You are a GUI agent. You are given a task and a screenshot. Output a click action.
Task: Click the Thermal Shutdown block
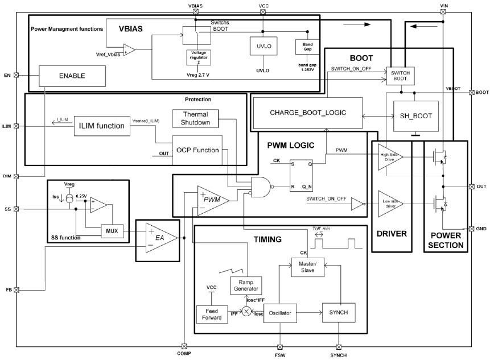195,118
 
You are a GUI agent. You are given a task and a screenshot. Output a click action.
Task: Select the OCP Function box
197,150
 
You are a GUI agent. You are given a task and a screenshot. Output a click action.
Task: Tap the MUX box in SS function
110,230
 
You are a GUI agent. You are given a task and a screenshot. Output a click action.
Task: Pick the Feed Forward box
211,314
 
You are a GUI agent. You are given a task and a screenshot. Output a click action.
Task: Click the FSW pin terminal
279,346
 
